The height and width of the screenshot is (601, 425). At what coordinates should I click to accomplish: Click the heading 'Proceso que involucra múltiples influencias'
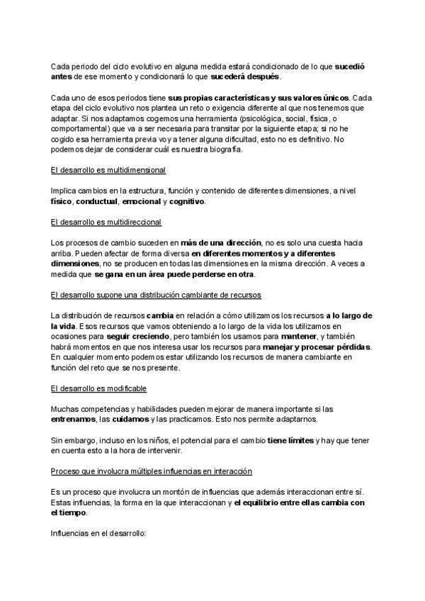(152, 471)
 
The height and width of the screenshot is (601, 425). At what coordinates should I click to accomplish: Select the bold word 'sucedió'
(350, 66)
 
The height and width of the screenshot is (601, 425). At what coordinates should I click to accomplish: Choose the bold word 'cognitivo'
(187, 201)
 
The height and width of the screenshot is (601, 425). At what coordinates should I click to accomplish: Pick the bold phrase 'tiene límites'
(290, 440)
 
